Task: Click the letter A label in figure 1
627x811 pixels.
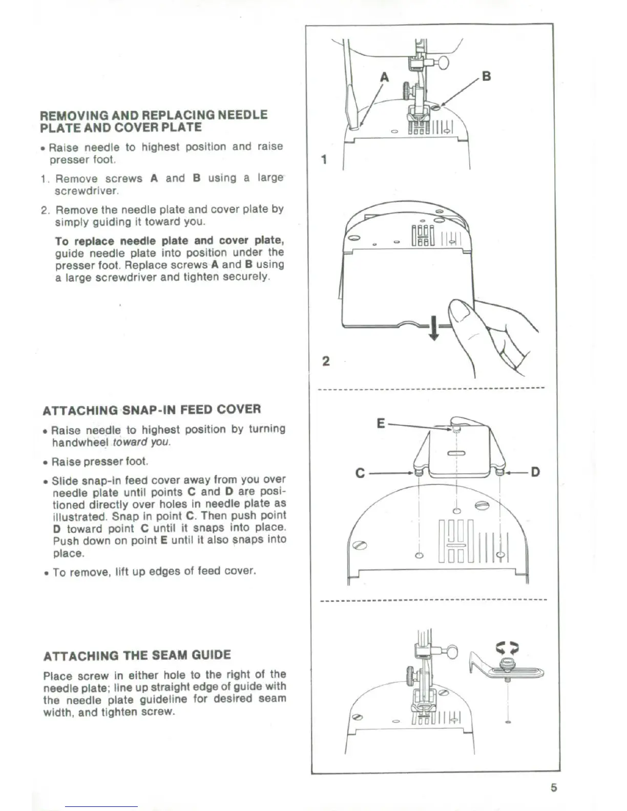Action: (x=385, y=77)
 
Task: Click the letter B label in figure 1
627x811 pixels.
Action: (x=486, y=76)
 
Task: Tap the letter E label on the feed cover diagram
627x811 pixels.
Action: (x=380, y=423)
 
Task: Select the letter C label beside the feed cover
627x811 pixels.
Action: (x=360, y=473)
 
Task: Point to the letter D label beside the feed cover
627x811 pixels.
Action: (x=535, y=472)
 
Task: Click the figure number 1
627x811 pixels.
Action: (x=324, y=159)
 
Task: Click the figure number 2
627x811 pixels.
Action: (x=326, y=361)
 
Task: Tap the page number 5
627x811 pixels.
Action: (x=553, y=787)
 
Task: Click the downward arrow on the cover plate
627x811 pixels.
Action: (x=433, y=328)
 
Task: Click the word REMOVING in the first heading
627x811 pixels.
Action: (x=72, y=115)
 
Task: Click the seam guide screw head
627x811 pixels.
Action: (x=507, y=664)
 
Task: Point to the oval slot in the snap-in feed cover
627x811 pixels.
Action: (x=455, y=453)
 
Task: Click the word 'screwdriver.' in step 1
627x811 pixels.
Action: (x=87, y=191)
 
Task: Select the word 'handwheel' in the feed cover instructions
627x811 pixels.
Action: (x=80, y=442)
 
